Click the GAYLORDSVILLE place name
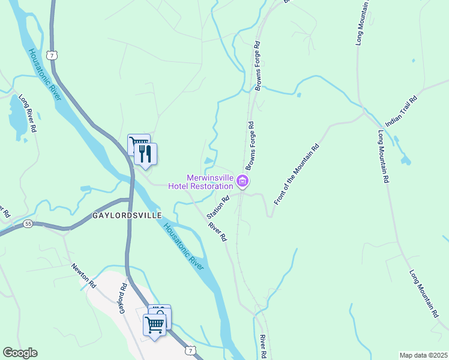[x=127, y=215]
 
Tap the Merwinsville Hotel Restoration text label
[x=209, y=182]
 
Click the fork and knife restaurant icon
[x=145, y=154]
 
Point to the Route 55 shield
[x=28, y=223]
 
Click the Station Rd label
[x=218, y=207]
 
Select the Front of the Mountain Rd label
[x=296, y=175]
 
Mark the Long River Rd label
[x=28, y=113]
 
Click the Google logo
[x=20, y=352]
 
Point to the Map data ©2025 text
[x=423, y=355]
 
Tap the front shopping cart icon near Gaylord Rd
[x=155, y=325]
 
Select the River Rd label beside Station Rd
[x=217, y=232]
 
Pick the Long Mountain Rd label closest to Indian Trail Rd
[x=384, y=157]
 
